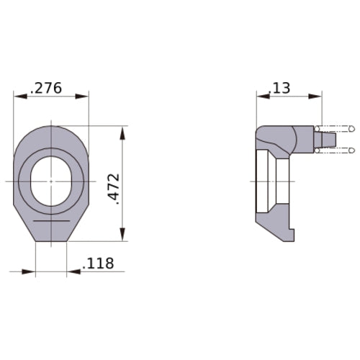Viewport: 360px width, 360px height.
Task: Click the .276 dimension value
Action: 46,88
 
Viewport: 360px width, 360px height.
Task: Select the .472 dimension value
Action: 114,189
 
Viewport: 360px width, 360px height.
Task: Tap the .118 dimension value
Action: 98,264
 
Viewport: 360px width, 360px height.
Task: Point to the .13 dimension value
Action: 279,88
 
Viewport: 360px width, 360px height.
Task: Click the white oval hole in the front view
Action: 51,181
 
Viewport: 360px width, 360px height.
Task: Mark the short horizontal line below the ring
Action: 51,220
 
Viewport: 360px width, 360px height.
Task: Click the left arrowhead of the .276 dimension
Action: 20,96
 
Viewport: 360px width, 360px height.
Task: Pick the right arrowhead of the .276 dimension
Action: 82,96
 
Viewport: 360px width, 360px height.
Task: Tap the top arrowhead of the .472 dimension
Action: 122,132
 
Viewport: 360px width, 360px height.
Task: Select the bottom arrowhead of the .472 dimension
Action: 122,234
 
